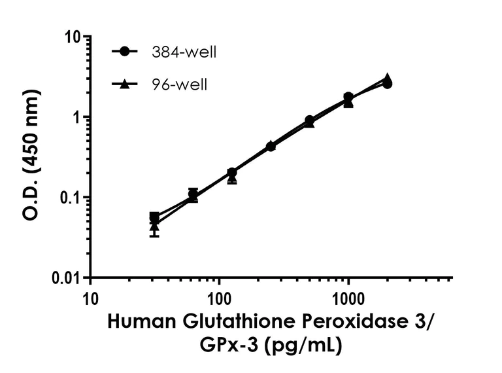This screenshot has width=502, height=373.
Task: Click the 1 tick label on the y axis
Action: pos(81,117)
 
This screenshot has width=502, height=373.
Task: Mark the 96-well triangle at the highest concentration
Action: pos(387,78)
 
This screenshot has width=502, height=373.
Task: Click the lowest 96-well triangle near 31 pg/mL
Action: pos(154,227)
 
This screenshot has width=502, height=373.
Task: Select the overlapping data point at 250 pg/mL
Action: pos(271,146)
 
